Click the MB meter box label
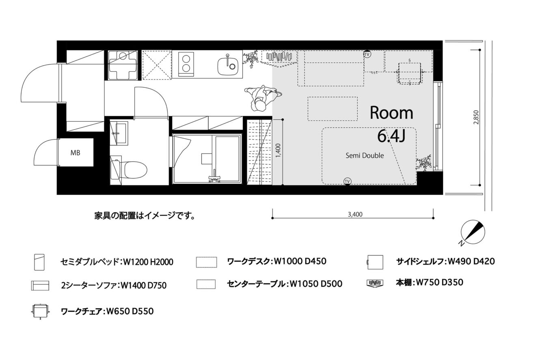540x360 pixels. click(75, 153)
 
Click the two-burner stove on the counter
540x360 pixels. click(186, 64)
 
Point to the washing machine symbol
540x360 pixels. click(123, 65)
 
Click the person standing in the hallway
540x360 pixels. click(262, 97)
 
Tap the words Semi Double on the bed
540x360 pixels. click(365, 156)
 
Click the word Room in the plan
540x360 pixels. click(391, 113)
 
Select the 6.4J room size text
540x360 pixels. click(391, 136)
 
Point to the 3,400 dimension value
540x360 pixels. click(355, 214)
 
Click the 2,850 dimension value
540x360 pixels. click(476, 117)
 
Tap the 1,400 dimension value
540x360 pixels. click(278, 151)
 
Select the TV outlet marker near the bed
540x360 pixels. click(347, 181)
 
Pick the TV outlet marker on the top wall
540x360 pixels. click(367, 54)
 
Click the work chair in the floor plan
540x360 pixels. click(410, 72)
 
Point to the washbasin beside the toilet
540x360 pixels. click(119, 134)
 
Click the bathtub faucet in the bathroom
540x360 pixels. click(214, 178)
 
